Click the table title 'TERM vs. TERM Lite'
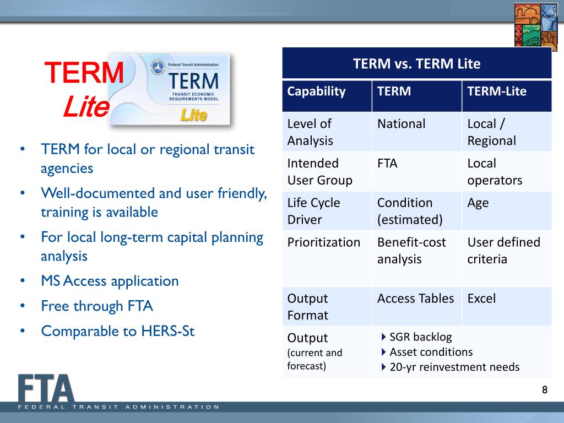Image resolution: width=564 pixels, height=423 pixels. [x=416, y=64]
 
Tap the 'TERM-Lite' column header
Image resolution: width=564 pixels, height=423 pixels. [x=497, y=91]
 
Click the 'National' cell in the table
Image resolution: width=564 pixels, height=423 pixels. [x=401, y=124]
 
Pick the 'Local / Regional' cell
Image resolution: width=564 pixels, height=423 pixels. [x=491, y=132]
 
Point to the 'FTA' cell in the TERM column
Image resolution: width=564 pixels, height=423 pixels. [x=388, y=164]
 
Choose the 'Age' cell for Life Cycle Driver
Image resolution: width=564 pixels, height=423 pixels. [x=478, y=203]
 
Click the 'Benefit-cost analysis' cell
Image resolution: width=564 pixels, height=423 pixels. [x=411, y=251]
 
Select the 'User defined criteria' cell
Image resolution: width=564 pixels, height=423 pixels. [x=503, y=251]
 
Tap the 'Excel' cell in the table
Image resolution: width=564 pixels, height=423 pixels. [x=481, y=299]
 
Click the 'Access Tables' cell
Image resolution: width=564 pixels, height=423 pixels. [x=415, y=299]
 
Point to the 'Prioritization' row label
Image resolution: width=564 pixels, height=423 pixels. [x=324, y=242]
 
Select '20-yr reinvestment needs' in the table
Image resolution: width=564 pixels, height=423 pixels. [x=454, y=367]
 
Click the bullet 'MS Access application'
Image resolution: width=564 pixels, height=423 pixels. [x=110, y=281]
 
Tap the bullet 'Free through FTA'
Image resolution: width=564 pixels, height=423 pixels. [x=96, y=306]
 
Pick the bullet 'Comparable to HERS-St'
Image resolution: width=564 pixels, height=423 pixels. [x=118, y=331]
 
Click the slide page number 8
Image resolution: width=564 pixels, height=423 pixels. [x=545, y=391]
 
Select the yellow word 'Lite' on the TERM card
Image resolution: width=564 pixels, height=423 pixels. [x=194, y=116]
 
